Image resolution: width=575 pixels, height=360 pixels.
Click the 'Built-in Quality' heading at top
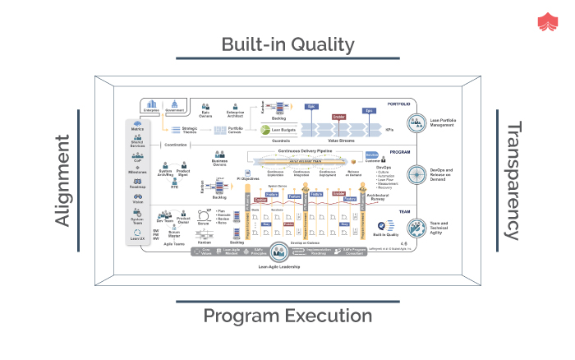pos(287,44)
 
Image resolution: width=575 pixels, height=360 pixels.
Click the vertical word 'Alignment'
pos(63,181)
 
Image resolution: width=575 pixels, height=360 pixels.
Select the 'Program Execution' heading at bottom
pos(287,316)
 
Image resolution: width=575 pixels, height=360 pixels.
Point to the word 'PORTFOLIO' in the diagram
pos(398,104)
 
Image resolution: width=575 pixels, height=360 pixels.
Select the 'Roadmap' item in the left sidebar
pos(137,184)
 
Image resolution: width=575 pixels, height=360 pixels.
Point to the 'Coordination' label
pos(176,145)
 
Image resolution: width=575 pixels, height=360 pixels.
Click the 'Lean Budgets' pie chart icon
pos(265,129)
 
